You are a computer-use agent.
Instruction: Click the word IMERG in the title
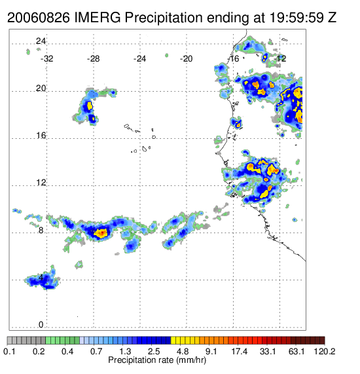point(98,18)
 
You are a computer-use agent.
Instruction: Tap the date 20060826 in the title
point(39,18)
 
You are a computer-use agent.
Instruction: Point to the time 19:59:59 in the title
point(297,18)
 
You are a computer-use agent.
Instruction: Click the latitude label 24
point(41,41)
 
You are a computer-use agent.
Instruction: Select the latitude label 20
point(41,88)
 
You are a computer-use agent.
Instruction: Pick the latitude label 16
point(41,136)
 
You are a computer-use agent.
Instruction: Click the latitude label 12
point(41,183)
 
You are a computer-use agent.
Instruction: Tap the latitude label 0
point(41,325)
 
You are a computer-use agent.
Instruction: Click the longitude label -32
point(46,59)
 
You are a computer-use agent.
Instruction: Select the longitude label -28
point(93,59)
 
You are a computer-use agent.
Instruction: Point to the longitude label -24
point(139,59)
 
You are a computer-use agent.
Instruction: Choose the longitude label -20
point(186,59)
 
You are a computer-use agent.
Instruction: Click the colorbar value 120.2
point(324,351)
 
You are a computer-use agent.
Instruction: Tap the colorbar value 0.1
point(9,351)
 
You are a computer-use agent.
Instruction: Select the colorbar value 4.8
point(183,351)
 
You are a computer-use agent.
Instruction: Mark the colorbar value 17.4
point(240,351)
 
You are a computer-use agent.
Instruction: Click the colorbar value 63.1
point(297,351)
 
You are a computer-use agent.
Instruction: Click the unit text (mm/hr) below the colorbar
point(191,360)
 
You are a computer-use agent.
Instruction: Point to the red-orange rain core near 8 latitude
point(101,233)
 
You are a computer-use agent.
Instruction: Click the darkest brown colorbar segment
point(322,341)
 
